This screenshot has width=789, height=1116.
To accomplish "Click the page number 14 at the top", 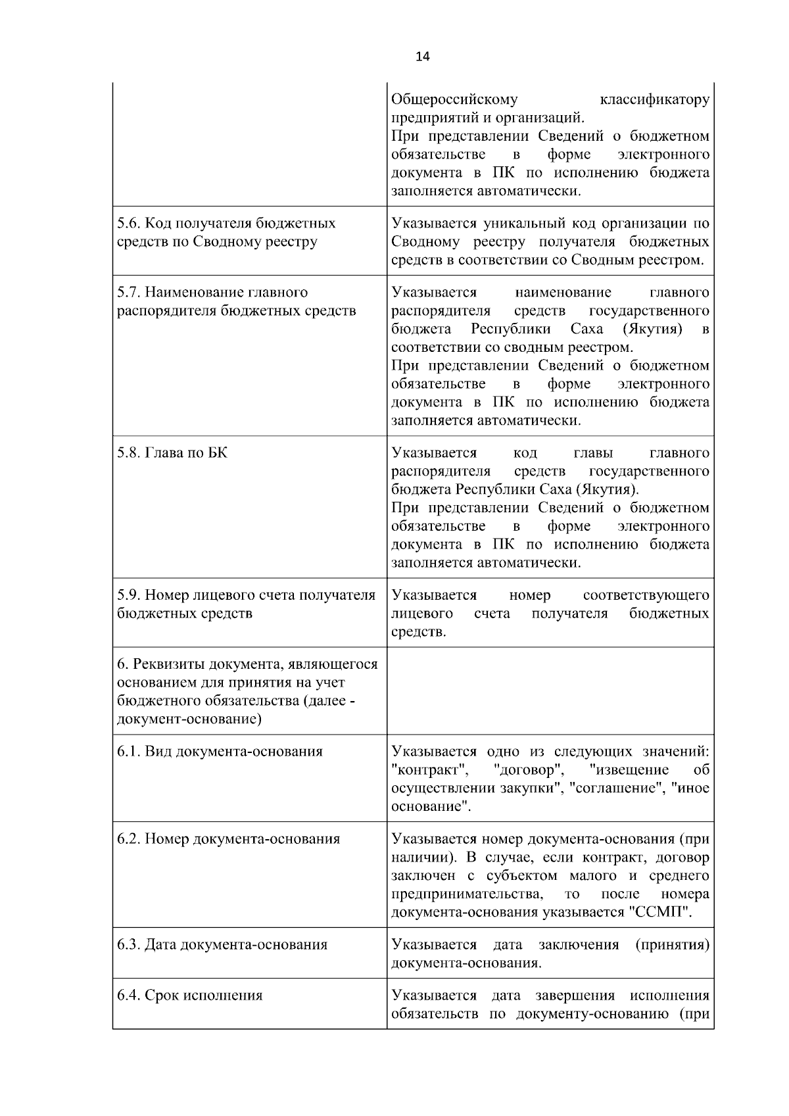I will click(x=422, y=57).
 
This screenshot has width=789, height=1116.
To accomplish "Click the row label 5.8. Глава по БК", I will click(x=172, y=452).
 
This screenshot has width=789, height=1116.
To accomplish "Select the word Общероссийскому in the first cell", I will click(x=454, y=99).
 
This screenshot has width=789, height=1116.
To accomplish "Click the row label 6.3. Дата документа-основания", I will click(x=222, y=945).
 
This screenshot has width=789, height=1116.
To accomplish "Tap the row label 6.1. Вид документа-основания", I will click(x=220, y=752).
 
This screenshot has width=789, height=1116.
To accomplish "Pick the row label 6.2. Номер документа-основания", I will click(x=228, y=839).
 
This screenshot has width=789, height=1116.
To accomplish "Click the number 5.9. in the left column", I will click(x=128, y=595).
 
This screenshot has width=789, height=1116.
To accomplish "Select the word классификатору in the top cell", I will click(x=655, y=99).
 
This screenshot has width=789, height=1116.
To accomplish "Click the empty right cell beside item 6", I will click(x=550, y=691).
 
